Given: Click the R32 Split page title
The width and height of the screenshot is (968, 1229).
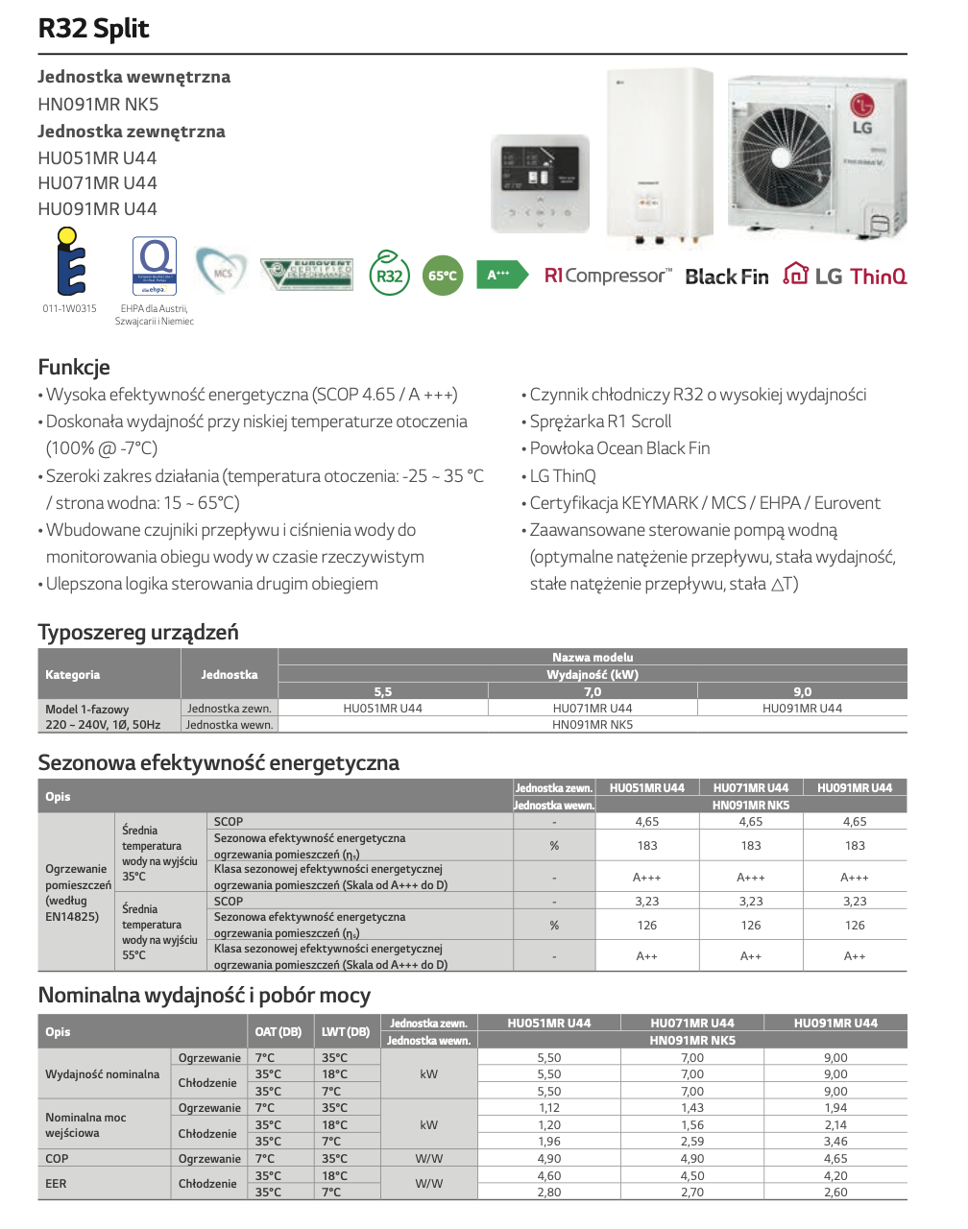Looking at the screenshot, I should [94, 28].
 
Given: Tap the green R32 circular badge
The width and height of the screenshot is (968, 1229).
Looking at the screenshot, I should [389, 276].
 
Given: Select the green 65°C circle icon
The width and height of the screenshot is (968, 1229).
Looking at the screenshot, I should [443, 276].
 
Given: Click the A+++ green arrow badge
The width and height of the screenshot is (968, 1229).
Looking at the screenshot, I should [500, 275].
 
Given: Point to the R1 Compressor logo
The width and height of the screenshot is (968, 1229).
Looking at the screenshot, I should [608, 276].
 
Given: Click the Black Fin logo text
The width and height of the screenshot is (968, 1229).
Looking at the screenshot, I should [727, 277].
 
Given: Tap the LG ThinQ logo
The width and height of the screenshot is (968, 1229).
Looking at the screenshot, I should [845, 276].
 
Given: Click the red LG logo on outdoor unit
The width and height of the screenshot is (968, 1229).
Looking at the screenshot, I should [861, 106].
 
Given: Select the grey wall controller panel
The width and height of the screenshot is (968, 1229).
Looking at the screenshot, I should [540, 183].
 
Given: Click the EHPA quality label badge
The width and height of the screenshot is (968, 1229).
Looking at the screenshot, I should [155, 266].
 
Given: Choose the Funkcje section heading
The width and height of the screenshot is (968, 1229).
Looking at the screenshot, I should [74, 367].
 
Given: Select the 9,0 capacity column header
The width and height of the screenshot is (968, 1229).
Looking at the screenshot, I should [802, 691].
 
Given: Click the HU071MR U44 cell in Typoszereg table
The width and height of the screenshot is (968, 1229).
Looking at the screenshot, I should [593, 709].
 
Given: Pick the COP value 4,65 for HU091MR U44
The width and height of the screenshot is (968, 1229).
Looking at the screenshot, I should [835, 1159].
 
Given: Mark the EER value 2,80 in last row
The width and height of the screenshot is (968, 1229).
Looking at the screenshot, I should [549, 1193].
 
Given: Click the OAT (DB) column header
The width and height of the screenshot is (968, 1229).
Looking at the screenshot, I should [278, 1032].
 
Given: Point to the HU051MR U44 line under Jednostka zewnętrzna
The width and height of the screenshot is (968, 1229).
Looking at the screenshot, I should [97, 157].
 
